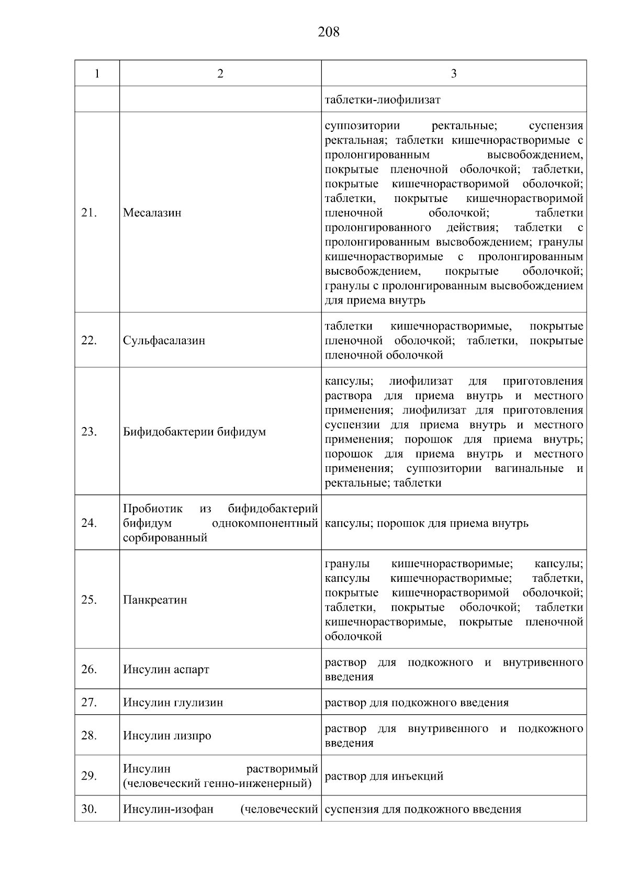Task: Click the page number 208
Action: click(x=329, y=32)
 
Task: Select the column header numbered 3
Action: click(x=453, y=74)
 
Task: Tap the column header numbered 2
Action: click(x=220, y=74)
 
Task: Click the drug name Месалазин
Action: click(x=152, y=213)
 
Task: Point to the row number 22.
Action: click(x=89, y=341)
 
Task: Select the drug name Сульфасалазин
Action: click(x=164, y=341)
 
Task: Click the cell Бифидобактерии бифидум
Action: click(x=194, y=432)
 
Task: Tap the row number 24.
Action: click(x=89, y=523)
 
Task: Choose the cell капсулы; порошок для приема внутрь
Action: click(x=427, y=523)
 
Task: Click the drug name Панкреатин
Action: click(x=155, y=600)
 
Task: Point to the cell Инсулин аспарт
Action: click(x=166, y=670)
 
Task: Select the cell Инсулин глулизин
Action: click(x=173, y=703)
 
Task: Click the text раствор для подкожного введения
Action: click(x=417, y=703)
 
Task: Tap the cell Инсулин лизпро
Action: click(x=167, y=736)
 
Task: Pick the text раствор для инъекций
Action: click(x=384, y=776)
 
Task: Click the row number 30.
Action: click(x=89, y=809)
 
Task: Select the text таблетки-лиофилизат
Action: click(x=383, y=99)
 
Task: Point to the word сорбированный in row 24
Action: click(x=165, y=538)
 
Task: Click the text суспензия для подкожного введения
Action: click(x=423, y=810)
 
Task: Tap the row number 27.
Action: click(x=89, y=702)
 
